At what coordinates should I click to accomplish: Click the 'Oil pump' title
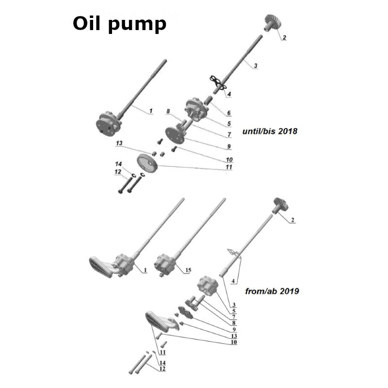119,24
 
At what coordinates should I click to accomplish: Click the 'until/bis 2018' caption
269,131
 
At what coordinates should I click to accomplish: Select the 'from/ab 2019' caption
272,291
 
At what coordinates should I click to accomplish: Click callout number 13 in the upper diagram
119,144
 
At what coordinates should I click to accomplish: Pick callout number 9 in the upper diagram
228,146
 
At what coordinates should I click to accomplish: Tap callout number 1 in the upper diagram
150,111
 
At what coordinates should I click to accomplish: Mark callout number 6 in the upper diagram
228,113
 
